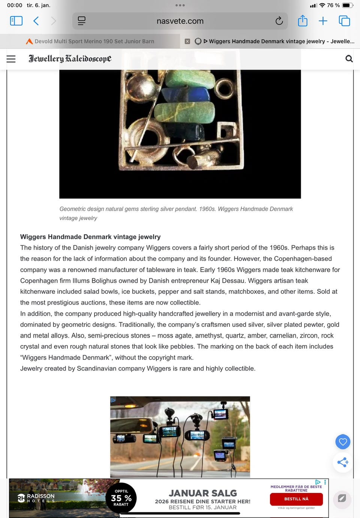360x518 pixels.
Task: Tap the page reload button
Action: tap(279, 21)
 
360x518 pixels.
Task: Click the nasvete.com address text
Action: tap(180, 21)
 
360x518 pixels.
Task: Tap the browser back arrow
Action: tap(36, 21)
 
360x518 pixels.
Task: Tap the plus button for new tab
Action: tap(323, 21)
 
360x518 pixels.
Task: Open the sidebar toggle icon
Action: tap(16, 21)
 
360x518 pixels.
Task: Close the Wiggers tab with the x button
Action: tap(187, 41)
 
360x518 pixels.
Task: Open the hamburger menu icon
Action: tap(11, 59)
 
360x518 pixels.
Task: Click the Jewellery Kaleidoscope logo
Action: tap(70, 59)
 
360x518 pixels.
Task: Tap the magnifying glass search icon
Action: tap(349, 59)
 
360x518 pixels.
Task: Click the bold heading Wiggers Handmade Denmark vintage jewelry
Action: tap(90, 237)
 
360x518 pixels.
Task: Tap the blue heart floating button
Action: tap(343, 442)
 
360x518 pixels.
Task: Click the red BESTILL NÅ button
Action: tap(296, 499)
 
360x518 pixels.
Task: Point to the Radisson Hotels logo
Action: tap(36, 498)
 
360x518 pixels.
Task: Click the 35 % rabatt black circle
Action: tap(121, 498)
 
